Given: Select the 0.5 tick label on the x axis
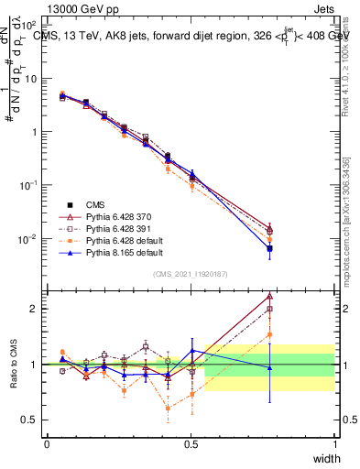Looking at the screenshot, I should tap(191, 444).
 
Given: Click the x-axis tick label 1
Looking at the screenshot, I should tap(334, 444).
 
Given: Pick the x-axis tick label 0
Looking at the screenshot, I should tap(47, 444).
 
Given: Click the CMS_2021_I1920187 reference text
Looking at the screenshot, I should tap(191, 274).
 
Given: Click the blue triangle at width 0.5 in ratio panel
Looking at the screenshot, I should tap(192, 351).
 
